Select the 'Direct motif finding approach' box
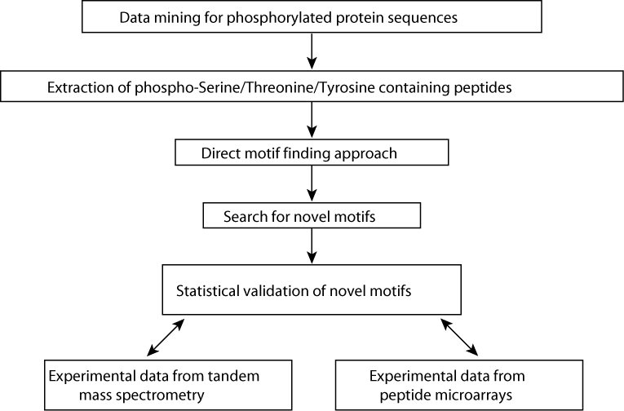tap(312, 152)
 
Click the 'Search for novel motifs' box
tap(312, 215)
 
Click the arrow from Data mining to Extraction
tap(312, 51)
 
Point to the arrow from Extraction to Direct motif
tap(312, 120)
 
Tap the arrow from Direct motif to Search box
tap(312, 183)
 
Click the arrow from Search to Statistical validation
tap(312, 246)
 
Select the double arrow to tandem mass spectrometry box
tap(166, 338)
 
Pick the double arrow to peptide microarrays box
tap(459, 337)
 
